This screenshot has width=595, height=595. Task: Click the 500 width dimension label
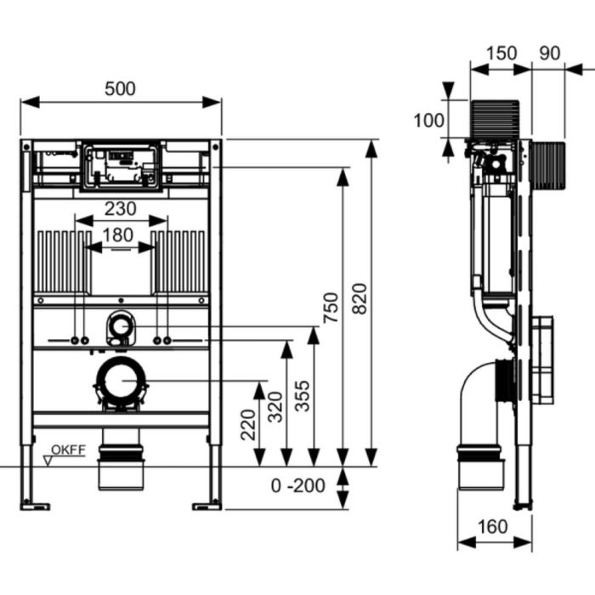click(x=120, y=88)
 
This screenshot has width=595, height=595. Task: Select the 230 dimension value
click(x=121, y=209)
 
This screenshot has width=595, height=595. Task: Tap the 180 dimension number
click(x=118, y=235)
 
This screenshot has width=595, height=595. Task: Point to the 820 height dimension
click(x=360, y=298)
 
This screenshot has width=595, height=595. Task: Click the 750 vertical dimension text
click(x=331, y=308)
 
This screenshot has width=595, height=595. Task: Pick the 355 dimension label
click(x=303, y=396)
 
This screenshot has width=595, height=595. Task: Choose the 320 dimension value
click(x=275, y=407)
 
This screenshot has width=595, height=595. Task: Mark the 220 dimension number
click(x=248, y=425)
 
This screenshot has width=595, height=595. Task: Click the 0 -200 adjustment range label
click(x=298, y=485)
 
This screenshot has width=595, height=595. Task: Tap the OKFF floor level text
click(x=68, y=450)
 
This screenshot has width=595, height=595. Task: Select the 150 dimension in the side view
click(x=501, y=53)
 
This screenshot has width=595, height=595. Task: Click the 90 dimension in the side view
click(x=549, y=53)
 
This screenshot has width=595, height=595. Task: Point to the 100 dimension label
click(x=428, y=121)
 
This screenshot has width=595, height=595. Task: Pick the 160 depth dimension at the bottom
click(x=492, y=527)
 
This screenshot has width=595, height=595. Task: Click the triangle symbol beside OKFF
click(x=48, y=461)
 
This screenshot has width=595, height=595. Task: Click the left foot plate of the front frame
click(x=35, y=507)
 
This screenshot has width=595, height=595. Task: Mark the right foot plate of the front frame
click(x=207, y=507)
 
